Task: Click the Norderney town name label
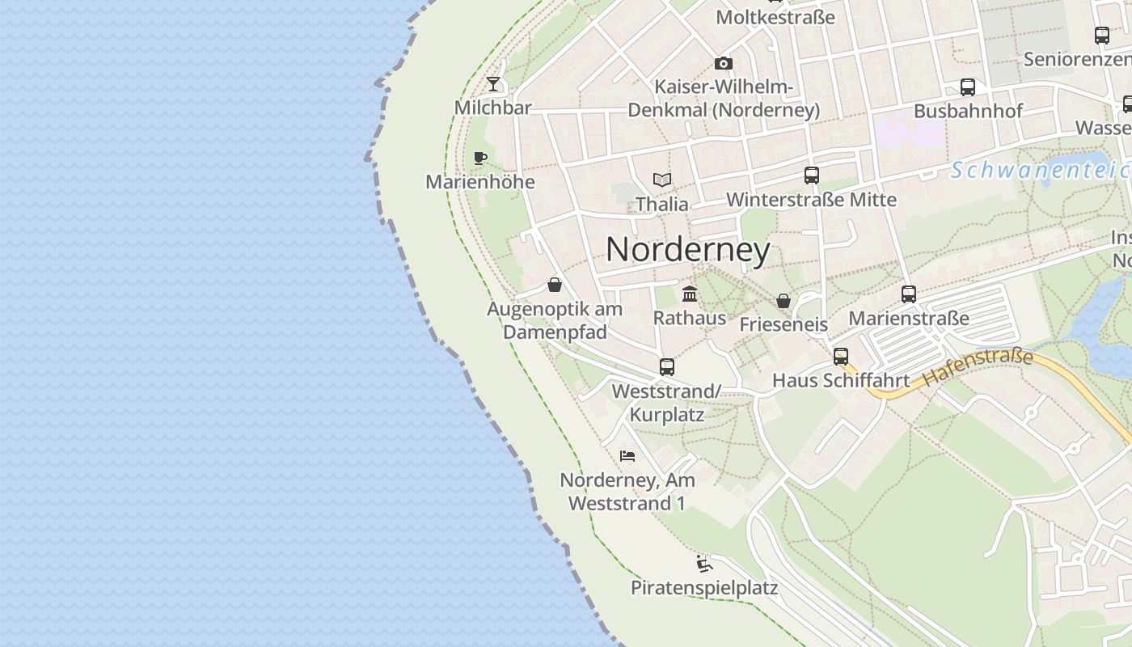click(x=687, y=250)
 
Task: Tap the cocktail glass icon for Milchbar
click(x=493, y=83)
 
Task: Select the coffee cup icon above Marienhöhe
click(x=480, y=157)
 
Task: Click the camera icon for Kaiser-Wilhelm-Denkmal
click(x=723, y=63)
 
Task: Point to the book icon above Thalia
click(x=662, y=180)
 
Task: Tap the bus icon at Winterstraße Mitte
click(x=811, y=175)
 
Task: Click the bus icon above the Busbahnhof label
click(x=967, y=87)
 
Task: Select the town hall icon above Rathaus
click(x=690, y=294)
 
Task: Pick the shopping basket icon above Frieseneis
click(x=783, y=301)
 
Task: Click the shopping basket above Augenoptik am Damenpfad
click(x=555, y=285)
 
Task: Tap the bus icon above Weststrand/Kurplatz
click(x=666, y=366)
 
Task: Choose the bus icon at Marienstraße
click(x=908, y=294)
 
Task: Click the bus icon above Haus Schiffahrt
click(x=841, y=356)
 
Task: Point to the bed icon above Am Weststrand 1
click(x=627, y=455)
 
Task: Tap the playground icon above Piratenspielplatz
click(x=703, y=563)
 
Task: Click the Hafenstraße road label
click(x=978, y=366)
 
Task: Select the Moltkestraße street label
click(x=775, y=17)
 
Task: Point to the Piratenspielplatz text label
click(x=703, y=588)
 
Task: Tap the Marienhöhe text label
click(x=480, y=181)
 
